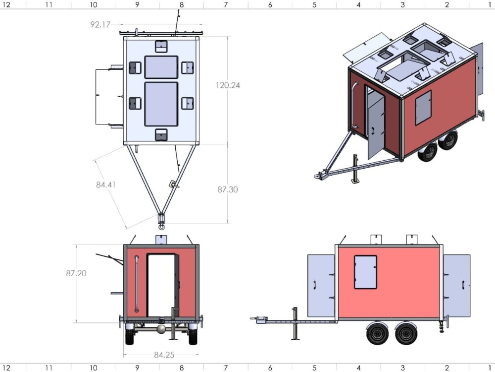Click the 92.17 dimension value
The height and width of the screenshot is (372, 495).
100,24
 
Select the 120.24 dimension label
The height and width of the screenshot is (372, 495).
228,85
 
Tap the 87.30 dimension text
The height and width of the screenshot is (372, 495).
227,189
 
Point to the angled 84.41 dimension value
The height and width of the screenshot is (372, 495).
106,185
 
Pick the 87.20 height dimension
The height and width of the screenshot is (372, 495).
76,273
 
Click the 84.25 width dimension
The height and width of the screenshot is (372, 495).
164,355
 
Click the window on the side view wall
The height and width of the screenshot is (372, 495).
365,272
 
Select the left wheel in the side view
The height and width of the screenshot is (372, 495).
377,333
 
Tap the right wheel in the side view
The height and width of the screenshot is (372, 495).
406,333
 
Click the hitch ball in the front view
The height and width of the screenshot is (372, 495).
161,329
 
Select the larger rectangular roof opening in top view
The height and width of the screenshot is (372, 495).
161,104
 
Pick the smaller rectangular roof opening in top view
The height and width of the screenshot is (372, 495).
161,67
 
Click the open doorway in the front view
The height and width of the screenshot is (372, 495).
161,285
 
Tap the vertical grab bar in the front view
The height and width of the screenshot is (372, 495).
136,285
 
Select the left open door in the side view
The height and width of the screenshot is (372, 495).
321,286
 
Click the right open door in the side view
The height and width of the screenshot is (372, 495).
456,286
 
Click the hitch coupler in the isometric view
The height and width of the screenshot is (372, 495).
319,175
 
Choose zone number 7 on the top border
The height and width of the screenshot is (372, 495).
226,4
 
